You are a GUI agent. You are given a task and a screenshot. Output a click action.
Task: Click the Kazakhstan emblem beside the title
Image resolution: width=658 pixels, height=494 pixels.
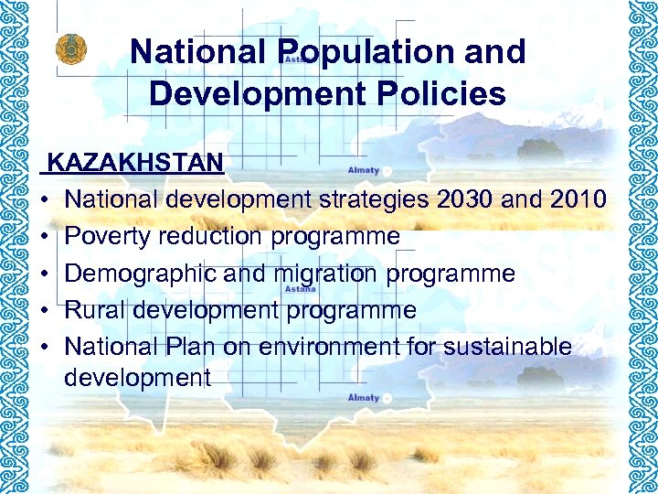click(x=68, y=49)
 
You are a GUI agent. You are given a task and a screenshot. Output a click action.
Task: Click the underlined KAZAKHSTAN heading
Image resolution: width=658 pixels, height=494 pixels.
click(x=135, y=163)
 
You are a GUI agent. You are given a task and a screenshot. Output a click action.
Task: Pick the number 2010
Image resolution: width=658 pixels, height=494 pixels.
click(x=574, y=199)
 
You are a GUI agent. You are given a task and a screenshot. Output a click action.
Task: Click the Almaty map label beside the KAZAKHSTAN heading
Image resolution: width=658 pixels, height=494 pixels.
click(x=364, y=170)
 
